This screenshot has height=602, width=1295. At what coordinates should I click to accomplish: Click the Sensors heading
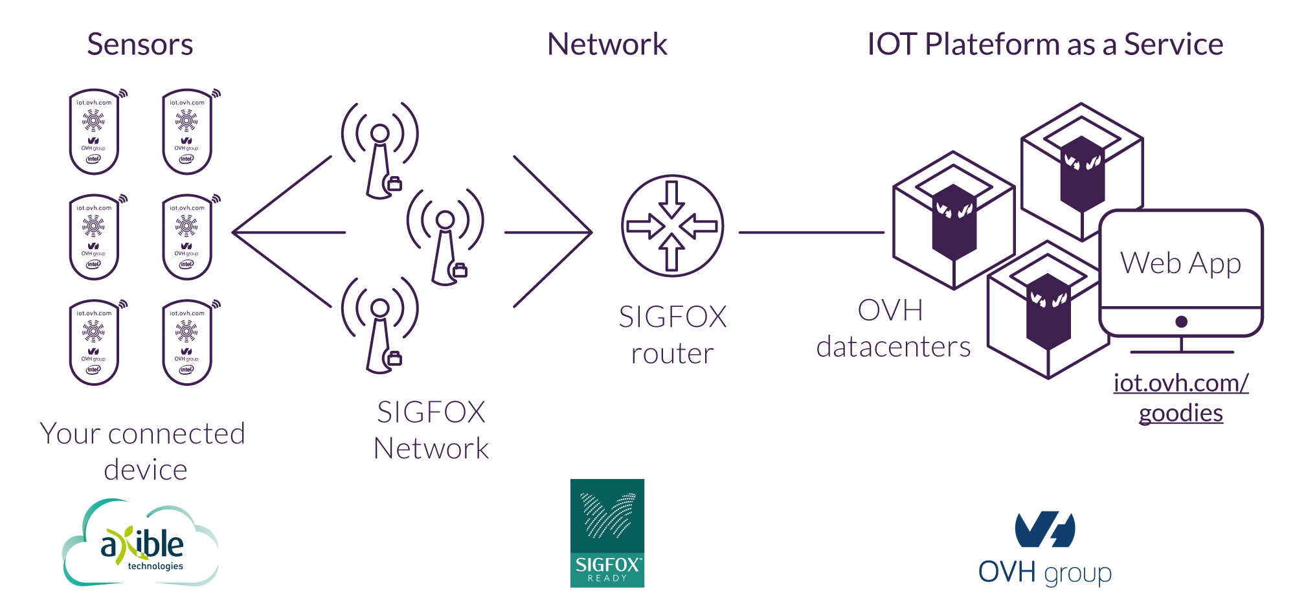coord(140,45)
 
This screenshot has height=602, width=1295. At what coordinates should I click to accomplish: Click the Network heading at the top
coord(607,45)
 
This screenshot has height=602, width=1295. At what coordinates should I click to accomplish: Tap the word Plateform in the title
coord(993,45)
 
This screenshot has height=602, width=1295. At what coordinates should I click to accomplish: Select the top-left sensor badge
coord(95,132)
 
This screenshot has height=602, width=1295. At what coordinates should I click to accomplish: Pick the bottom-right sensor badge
coord(187,342)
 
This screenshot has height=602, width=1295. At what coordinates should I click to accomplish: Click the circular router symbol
coord(672,226)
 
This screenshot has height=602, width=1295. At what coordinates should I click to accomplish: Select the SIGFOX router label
coord(673,335)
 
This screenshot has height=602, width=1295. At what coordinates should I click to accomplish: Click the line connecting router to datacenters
coord(811,232)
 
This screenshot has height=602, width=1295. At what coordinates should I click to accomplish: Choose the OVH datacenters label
coord(893,329)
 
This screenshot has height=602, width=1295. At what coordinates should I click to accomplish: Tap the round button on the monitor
coord(1181,322)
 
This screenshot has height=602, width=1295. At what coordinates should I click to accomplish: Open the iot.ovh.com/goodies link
coord(1181,397)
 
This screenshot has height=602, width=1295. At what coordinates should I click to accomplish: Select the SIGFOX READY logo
coord(607,533)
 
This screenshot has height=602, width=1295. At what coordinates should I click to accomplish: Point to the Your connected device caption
coord(143,452)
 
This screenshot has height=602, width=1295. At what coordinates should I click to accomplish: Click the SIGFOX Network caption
coord(431,430)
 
